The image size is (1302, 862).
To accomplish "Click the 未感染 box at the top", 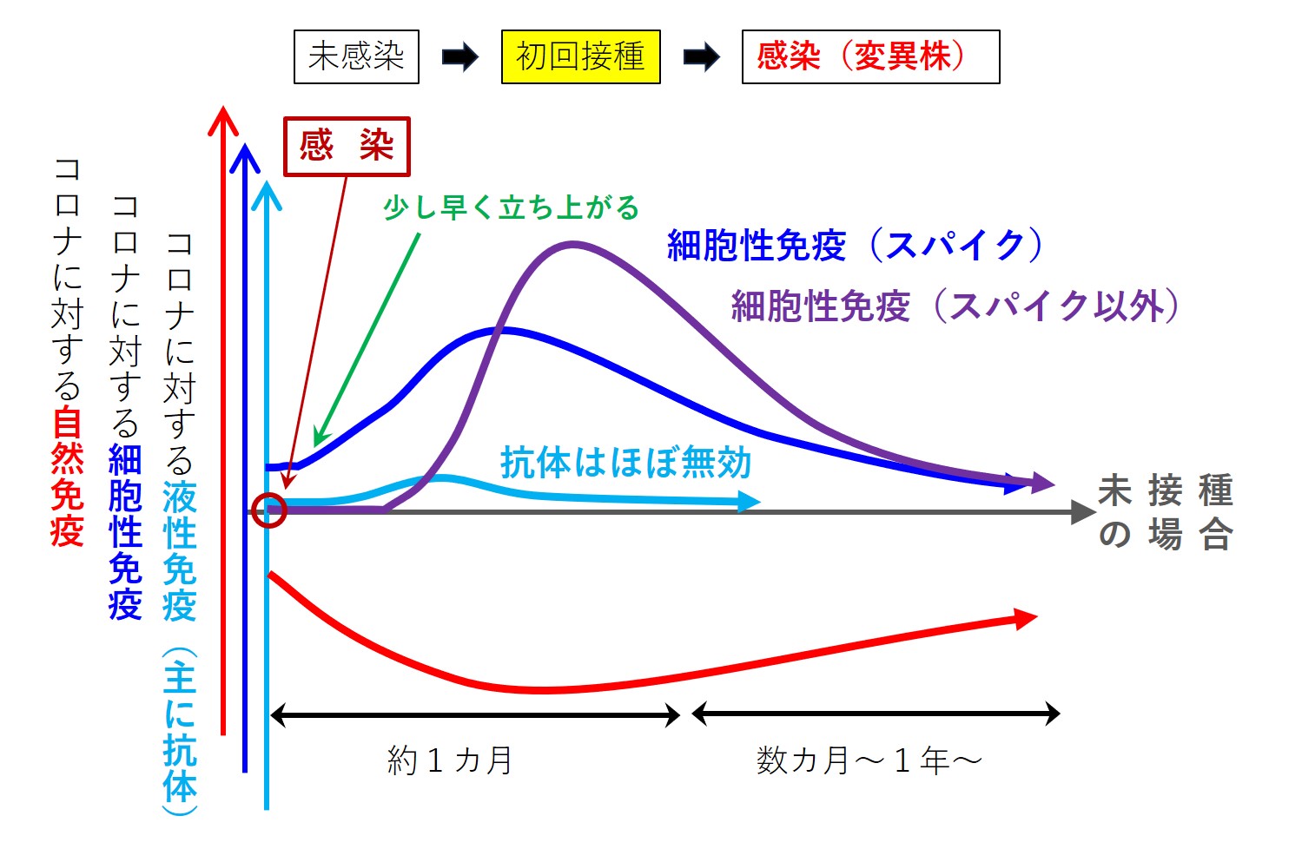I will [x=356, y=57].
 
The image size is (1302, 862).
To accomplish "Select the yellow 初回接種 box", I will [x=580, y=57].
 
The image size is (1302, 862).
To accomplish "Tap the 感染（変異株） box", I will [x=870, y=57].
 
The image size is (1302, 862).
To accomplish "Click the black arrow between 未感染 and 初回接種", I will [x=460, y=58].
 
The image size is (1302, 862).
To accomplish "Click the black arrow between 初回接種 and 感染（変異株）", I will [x=701, y=58].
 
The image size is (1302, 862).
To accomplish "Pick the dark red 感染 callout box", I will [x=347, y=147].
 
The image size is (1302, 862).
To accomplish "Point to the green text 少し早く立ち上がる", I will [x=511, y=208].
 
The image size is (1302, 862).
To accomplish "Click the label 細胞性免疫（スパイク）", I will [x=855, y=246].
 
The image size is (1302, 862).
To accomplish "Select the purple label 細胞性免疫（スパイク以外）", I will [x=955, y=306].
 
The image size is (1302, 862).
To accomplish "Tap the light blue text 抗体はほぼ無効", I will [x=625, y=463].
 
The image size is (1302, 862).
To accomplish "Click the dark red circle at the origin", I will [x=269, y=510].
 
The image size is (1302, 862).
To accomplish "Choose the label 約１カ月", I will [x=450, y=761].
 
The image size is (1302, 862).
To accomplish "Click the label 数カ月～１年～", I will [x=869, y=761].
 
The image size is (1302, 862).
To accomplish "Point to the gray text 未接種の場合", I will [x=1166, y=512].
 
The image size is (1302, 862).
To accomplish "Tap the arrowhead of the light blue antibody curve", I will [x=749, y=501].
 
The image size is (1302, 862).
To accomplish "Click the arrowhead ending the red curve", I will [x=1027, y=618].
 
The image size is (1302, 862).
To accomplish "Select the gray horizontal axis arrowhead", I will [x=1084, y=512].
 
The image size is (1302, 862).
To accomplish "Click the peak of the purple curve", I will [x=572, y=245].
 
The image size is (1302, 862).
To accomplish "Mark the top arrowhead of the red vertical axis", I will [x=223, y=118].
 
